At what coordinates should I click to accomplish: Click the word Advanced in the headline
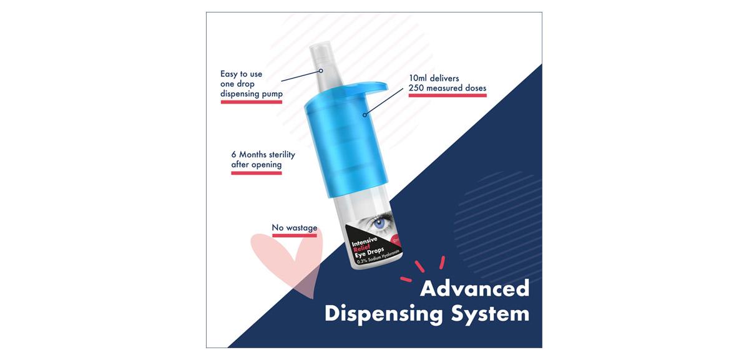tap(475, 288)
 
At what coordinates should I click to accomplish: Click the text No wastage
tap(294, 228)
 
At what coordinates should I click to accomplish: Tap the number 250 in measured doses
tap(416, 88)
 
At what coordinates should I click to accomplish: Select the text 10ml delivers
tap(434, 78)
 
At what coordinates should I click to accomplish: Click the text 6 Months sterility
tap(263, 155)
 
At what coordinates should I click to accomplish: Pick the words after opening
tap(257, 165)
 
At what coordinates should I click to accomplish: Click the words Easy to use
tap(241, 74)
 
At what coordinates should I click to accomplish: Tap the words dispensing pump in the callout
tap(252, 94)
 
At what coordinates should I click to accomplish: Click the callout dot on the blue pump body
tap(365, 115)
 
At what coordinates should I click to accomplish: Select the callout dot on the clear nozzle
tap(321, 71)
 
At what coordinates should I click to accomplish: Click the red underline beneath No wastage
tap(294, 235)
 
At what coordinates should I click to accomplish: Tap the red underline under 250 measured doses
tap(448, 95)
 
